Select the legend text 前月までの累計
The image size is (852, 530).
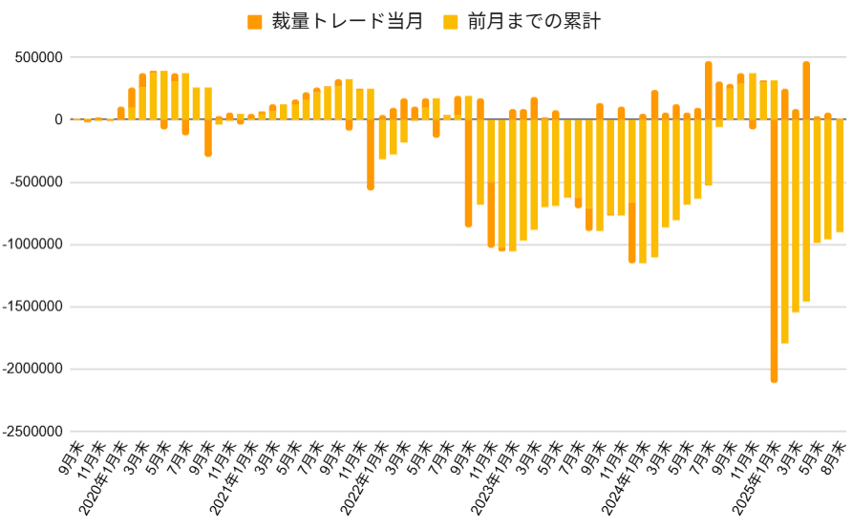tap(534, 22)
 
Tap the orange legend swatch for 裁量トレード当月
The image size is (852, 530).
tap(255, 22)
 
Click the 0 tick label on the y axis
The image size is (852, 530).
tap(58, 119)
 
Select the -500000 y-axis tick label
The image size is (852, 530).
tap(32, 182)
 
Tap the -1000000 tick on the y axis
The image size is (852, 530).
tap(29, 244)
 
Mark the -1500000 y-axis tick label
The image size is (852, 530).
tap(29, 307)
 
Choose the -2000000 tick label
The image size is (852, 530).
tap(29, 370)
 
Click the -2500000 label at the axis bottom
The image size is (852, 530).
tap(29, 432)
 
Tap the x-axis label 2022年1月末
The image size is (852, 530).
tap(367, 477)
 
